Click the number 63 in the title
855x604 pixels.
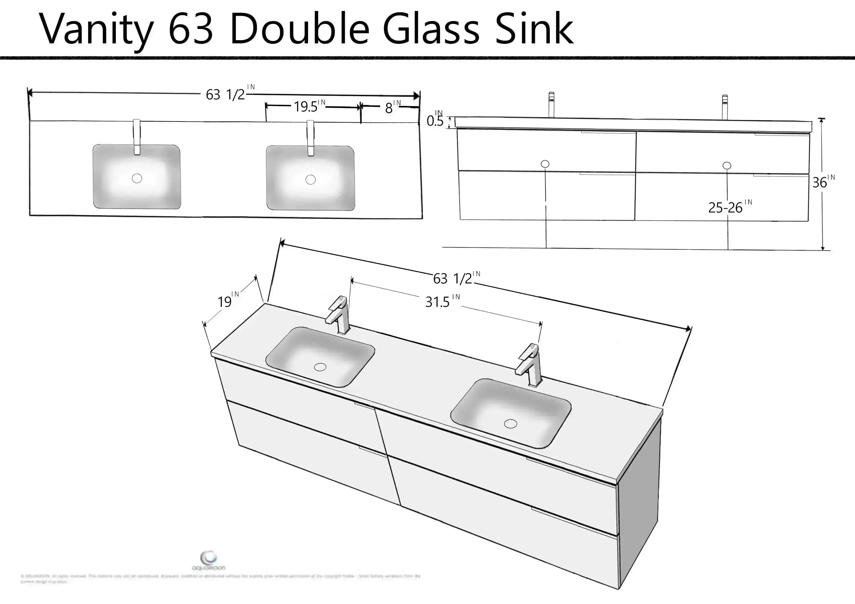191,29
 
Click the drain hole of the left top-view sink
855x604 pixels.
137,178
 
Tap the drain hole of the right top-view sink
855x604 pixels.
310,180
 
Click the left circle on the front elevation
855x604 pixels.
545,164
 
